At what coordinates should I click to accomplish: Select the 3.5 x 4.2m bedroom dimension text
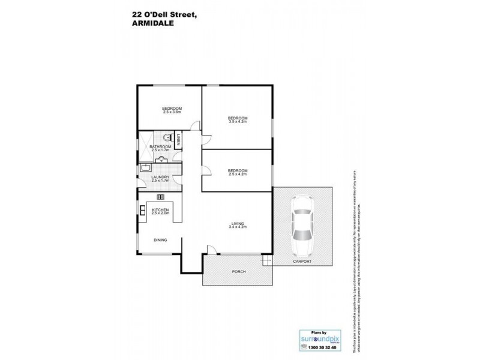pyautogui.click(x=237, y=122)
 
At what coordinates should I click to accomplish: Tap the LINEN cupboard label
pyautogui.click(x=178, y=140)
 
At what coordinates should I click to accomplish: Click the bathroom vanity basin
pyautogui.click(x=161, y=159)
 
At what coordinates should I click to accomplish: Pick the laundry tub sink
pyautogui.click(x=146, y=169)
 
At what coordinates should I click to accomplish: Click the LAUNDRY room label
pyautogui.click(x=160, y=176)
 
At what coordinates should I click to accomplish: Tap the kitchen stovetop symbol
pyautogui.click(x=160, y=197)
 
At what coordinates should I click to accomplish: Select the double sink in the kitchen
pyautogui.click(x=142, y=210)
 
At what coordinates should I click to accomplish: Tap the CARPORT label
pyautogui.click(x=302, y=262)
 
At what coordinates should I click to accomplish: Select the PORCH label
pyautogui.click(x=238, y=271)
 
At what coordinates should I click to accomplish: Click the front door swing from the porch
pyautogui.click(x=211, y=250)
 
